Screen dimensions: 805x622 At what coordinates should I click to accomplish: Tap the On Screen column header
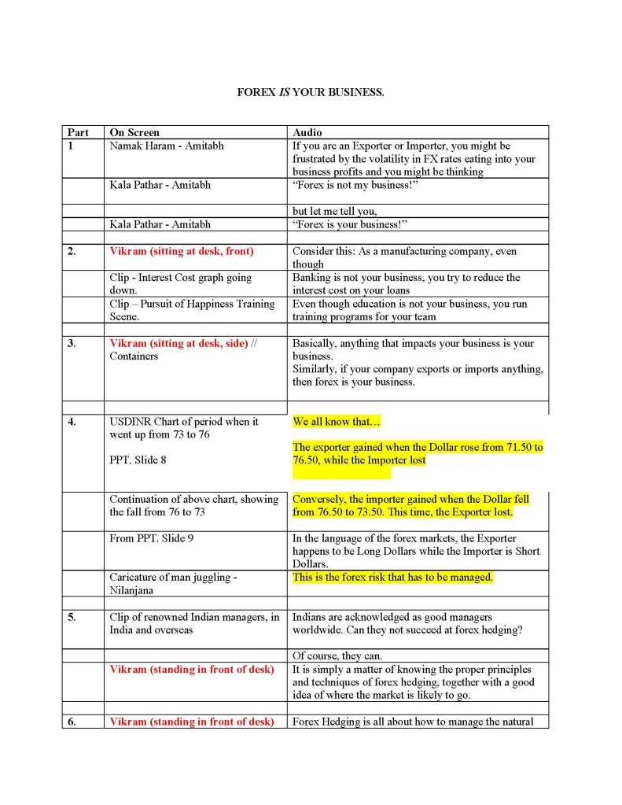click(134, 133)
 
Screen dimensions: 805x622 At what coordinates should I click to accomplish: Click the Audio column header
click(307, 133)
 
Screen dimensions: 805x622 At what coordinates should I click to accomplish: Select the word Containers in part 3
click(134, 356)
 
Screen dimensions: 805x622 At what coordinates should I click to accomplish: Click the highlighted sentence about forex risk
click(392, 578)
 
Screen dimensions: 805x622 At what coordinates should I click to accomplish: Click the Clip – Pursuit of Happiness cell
click(192, 309)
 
